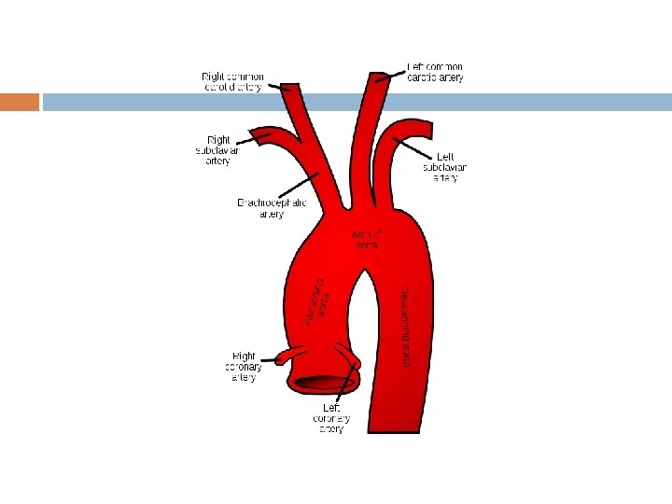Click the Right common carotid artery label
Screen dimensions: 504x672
tap(233, 81)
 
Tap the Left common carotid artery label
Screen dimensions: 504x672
tap(435, 72)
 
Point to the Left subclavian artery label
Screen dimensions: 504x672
tap(445, 167)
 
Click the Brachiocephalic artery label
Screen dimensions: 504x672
tap(271, 207)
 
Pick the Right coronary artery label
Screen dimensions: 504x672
tap(244, 367)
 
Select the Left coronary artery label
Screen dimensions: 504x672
tap(331, 418)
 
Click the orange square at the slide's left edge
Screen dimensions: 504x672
tap(20, 102)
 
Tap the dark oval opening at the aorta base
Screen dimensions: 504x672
tap(322, 382)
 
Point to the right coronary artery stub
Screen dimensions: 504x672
tap(282, 358)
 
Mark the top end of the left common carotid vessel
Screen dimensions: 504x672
tap(381, 76)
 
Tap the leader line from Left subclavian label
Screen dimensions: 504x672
tap(416, 148)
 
